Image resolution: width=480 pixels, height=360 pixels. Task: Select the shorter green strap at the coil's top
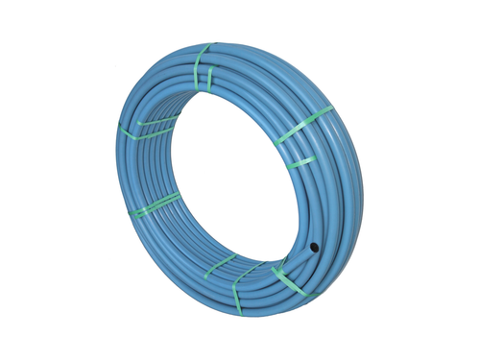210,81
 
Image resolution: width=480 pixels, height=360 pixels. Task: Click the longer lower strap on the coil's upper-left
144,132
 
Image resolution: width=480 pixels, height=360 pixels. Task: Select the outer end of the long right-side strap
331,110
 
